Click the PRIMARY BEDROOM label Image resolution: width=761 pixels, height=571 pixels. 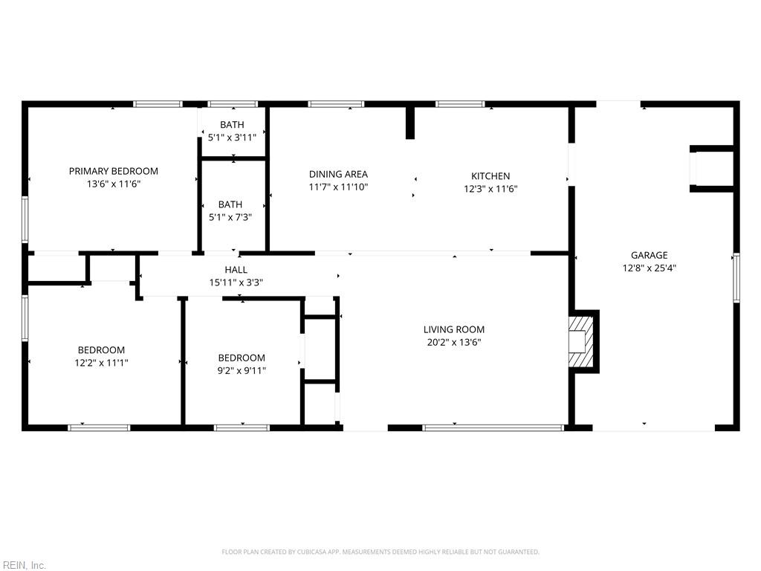(x=114, y=171)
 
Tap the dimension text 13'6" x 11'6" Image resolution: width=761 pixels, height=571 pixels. (x=114, y=184)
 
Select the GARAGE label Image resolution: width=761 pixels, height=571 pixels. (x=650, y=255)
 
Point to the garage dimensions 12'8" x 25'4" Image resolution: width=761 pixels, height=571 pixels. (x=650, y=268)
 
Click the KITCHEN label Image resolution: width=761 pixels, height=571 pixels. (x=490, y=175)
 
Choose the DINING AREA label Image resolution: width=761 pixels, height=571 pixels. (x=338, y=174)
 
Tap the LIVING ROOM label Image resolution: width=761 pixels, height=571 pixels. (x=454, y=329)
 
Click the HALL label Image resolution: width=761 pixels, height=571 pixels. (x=236, y=269)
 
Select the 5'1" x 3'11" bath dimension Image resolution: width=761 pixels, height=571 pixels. (x=232, y=138)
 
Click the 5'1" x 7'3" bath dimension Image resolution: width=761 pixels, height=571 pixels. (x=230, y=217)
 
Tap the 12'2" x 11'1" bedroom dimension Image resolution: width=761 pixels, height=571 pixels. (x=101, y=363)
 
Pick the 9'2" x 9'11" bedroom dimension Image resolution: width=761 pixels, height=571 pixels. (x=242, y=370)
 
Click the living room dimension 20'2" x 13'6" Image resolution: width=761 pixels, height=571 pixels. (x=454, y=342)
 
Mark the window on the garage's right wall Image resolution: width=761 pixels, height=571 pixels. (x=736, y=278)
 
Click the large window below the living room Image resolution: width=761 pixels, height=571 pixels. (x=493, y=428)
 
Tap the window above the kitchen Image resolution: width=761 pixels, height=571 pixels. (x=460, y=104)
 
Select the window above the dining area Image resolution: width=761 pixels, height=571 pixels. (x=336, y=104)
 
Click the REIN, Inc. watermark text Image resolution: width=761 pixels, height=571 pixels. (x=23, y=565)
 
